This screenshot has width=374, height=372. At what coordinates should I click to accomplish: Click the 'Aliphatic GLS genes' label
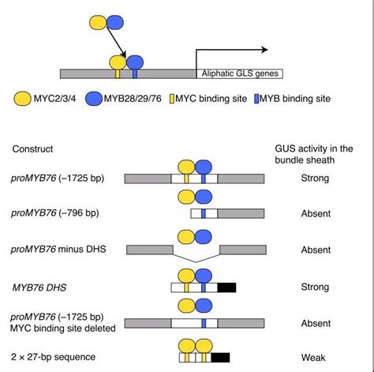239,73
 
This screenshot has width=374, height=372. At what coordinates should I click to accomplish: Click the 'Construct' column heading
35,148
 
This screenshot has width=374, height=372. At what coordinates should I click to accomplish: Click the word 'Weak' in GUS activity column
315,359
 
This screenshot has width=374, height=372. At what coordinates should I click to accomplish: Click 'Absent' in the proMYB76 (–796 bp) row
315,213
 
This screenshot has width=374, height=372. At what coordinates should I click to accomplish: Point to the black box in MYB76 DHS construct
227,288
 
